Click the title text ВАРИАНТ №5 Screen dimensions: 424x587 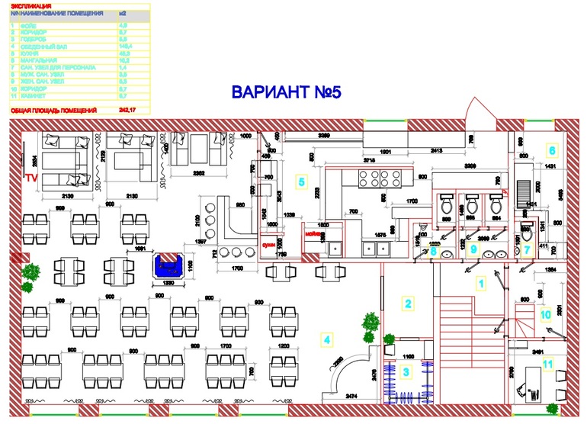(x=286, y=92)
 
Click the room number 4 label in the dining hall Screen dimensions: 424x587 (x=326, y=339)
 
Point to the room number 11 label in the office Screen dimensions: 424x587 (x=547, y=363)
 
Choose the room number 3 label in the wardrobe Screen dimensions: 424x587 (x=406, y=371)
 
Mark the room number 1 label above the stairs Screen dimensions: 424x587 (x=480, y=284)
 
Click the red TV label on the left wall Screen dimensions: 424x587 (x=31, y=177)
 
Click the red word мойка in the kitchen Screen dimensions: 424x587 (x=313, y=236)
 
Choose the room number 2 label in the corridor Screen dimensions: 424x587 (x=408, y=303)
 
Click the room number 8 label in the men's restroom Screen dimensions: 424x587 (x=432, y=249)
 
